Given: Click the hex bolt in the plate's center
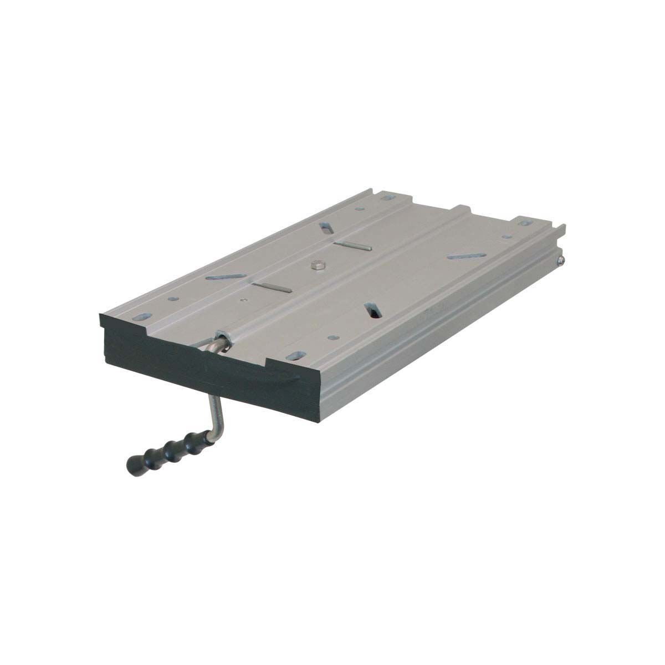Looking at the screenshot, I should (x=318, y=267).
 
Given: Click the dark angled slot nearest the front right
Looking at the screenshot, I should (x=372, y=310).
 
